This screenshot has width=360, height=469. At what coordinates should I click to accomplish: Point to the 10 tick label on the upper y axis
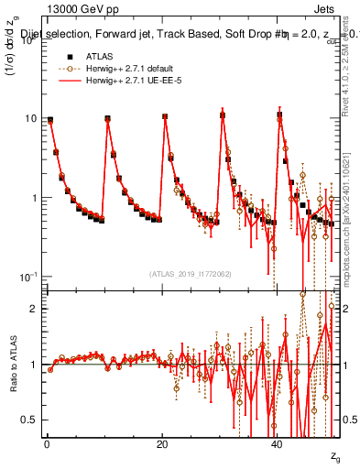[29, 119]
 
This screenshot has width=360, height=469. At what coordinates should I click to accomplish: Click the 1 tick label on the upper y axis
[32, 198]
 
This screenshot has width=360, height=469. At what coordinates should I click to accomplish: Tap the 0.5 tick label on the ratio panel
[29, 420]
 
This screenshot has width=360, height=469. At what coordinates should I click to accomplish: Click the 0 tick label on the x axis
[46, 443]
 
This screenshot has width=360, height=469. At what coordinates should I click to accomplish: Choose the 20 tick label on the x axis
[161, 443]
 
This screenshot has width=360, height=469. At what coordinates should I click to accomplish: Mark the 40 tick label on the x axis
[278, 443]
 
